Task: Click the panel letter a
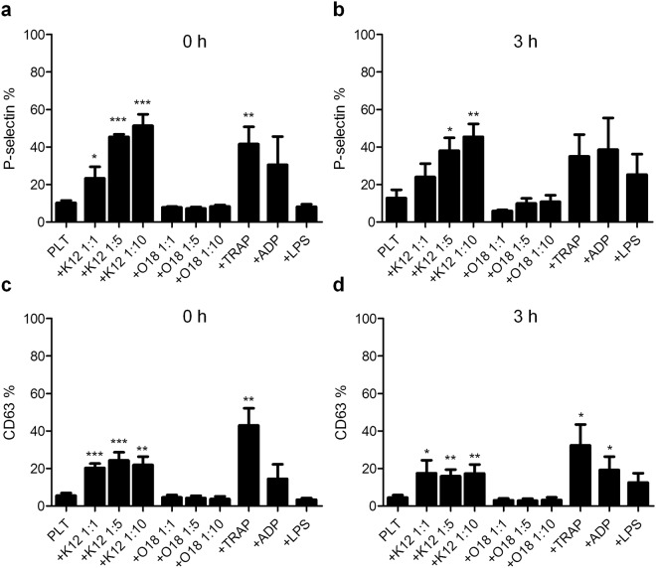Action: coord(7,8)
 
